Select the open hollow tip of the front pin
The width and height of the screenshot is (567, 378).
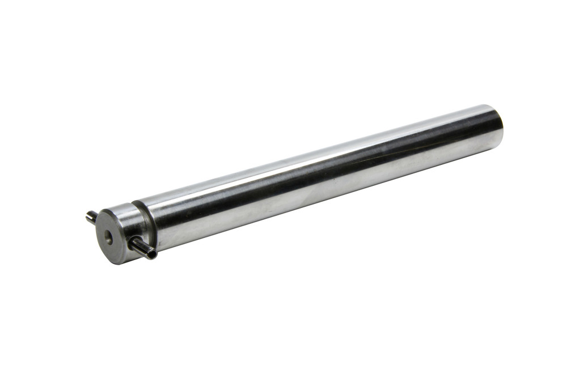tap(152, 253)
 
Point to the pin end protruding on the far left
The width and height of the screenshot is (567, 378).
tap(91, 216)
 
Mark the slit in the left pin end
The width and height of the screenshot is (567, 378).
tap(89, 215)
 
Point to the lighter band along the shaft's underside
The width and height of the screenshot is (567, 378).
tap(318, 196)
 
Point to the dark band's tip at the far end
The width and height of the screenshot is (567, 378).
tap(488, 128)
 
